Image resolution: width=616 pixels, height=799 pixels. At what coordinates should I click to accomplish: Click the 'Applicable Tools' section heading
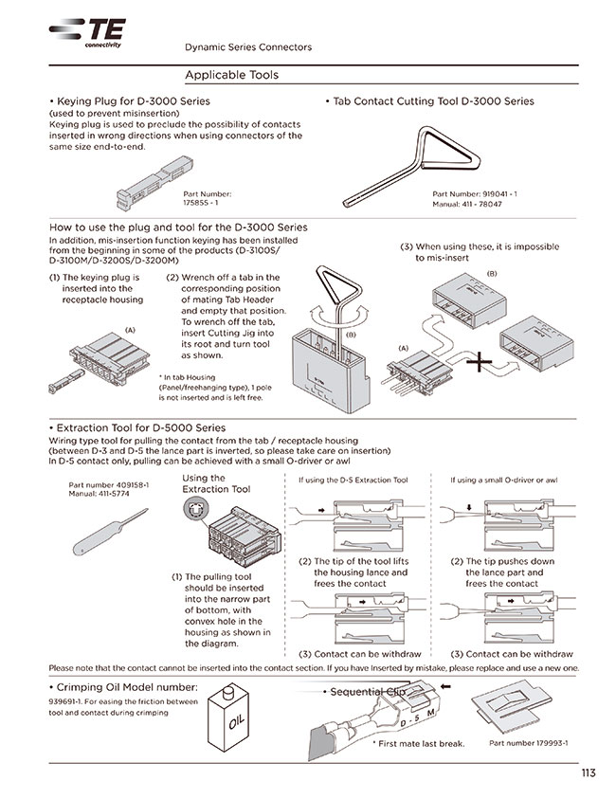[231, 74]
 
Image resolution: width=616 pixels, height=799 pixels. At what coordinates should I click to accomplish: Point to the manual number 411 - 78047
[467, 204]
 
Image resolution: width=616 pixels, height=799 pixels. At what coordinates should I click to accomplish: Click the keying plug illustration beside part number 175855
[137, 186]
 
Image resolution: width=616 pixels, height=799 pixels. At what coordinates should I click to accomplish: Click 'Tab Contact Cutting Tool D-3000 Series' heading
[432, 100]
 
